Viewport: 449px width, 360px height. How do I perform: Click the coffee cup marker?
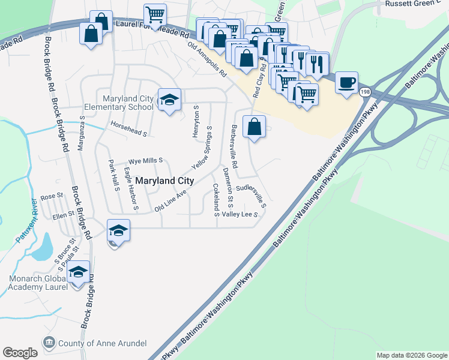click(x=346, y=82)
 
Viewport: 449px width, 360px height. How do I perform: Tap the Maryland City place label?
click(x=164, y=181)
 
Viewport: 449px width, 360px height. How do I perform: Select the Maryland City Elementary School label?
click(x=127, y=103)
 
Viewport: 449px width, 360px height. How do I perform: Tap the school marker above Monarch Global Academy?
click(x=78, y=272)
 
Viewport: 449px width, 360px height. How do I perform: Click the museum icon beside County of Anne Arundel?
click(x=49, y=343)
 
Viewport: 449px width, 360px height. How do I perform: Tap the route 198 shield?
click(x=365, y=92)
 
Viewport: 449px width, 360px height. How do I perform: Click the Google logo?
click(x=20, y=353)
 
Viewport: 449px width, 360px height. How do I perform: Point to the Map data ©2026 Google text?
click(x=411, y=355)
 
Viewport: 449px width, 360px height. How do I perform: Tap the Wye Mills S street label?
click(x=146, y=161)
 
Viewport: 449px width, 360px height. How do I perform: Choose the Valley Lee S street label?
click(x=240, y=214)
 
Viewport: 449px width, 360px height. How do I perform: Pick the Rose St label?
click(x=52, y=196)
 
